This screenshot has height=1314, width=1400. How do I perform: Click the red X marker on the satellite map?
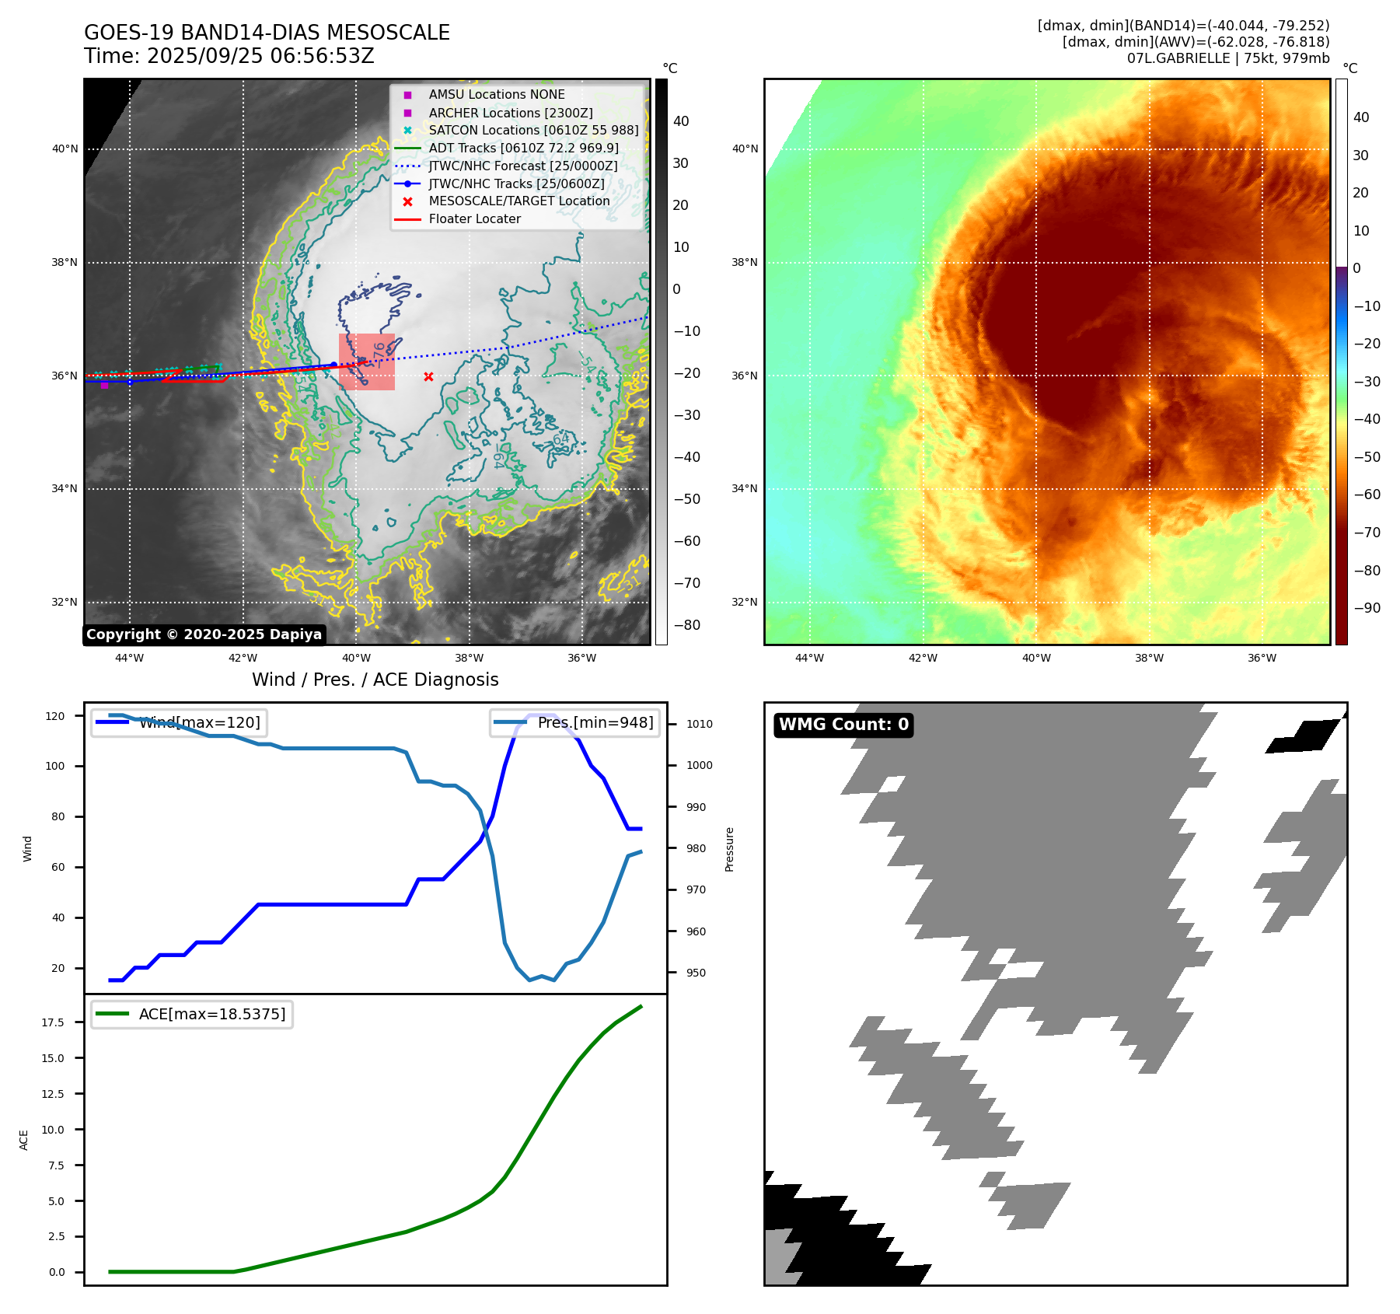click(428, 376)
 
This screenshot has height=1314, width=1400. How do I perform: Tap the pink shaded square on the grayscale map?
click(367, 362)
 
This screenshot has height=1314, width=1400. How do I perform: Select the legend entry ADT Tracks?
click(523, 148)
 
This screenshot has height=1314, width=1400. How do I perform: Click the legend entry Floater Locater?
click(474, 218)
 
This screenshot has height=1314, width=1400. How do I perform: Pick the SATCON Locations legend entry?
click(533, 130)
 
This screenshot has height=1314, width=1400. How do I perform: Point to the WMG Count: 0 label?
click(843, 725)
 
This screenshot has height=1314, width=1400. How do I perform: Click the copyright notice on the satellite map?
click(204, 634)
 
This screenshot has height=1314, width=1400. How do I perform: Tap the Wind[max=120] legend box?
click(178, 722)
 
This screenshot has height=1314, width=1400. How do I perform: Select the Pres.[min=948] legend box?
click(575, 722)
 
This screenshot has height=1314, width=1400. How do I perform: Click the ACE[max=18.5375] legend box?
click(191, 1014)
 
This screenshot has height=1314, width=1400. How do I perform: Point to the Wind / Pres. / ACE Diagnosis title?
click(375, 680)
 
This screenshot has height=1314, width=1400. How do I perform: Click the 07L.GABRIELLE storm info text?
click(1228, 58)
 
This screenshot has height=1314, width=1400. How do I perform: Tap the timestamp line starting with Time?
click(229, 56)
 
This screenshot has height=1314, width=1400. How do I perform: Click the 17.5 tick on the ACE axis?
click(53, 1022)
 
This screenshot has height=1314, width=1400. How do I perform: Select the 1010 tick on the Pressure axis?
click(699, 724)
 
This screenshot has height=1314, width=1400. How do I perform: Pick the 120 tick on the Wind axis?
click(55, 716)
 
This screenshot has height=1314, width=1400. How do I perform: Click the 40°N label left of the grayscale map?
click(65, 149)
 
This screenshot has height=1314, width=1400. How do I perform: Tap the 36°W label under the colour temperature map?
click(1262, 658)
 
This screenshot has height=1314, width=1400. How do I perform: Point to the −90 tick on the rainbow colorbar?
click(1367, 608)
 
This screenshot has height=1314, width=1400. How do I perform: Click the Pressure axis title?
click(729, 849)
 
